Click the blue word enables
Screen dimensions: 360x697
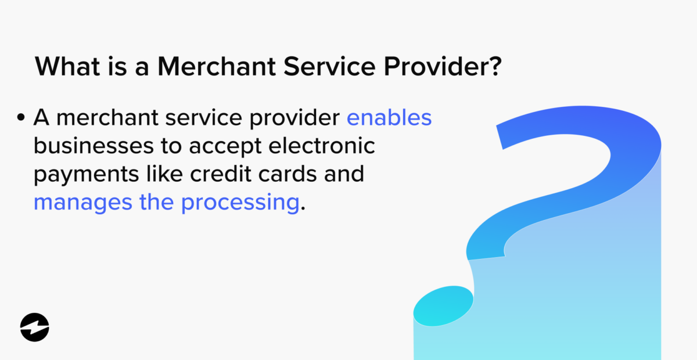389,118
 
